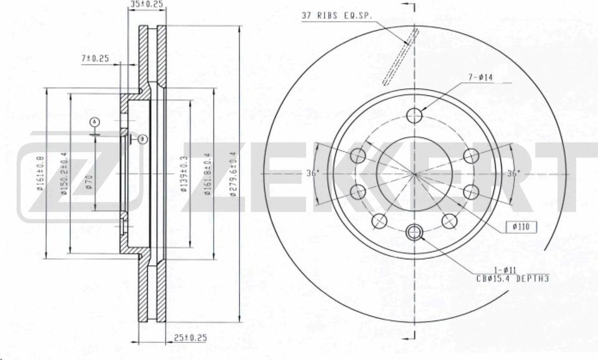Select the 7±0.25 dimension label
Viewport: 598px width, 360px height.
coord(95,59)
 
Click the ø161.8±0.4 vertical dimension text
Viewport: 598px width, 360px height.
coord(208,174)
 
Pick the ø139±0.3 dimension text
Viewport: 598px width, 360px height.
coord(184,174)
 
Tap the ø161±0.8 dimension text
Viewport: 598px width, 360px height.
coord(42,174)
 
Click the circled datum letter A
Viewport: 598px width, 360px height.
coord(94,122)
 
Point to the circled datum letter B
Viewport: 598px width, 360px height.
coord(142,139)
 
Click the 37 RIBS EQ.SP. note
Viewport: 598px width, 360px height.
coord(336,16)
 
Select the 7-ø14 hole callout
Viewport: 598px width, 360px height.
coord(480,77)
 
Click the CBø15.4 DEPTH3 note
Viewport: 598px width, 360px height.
coord(513,279)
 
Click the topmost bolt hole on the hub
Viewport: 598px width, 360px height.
coord(415,116)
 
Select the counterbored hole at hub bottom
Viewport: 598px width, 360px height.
coord(415,231)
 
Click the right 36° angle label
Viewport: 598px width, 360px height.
coord(513,173)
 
